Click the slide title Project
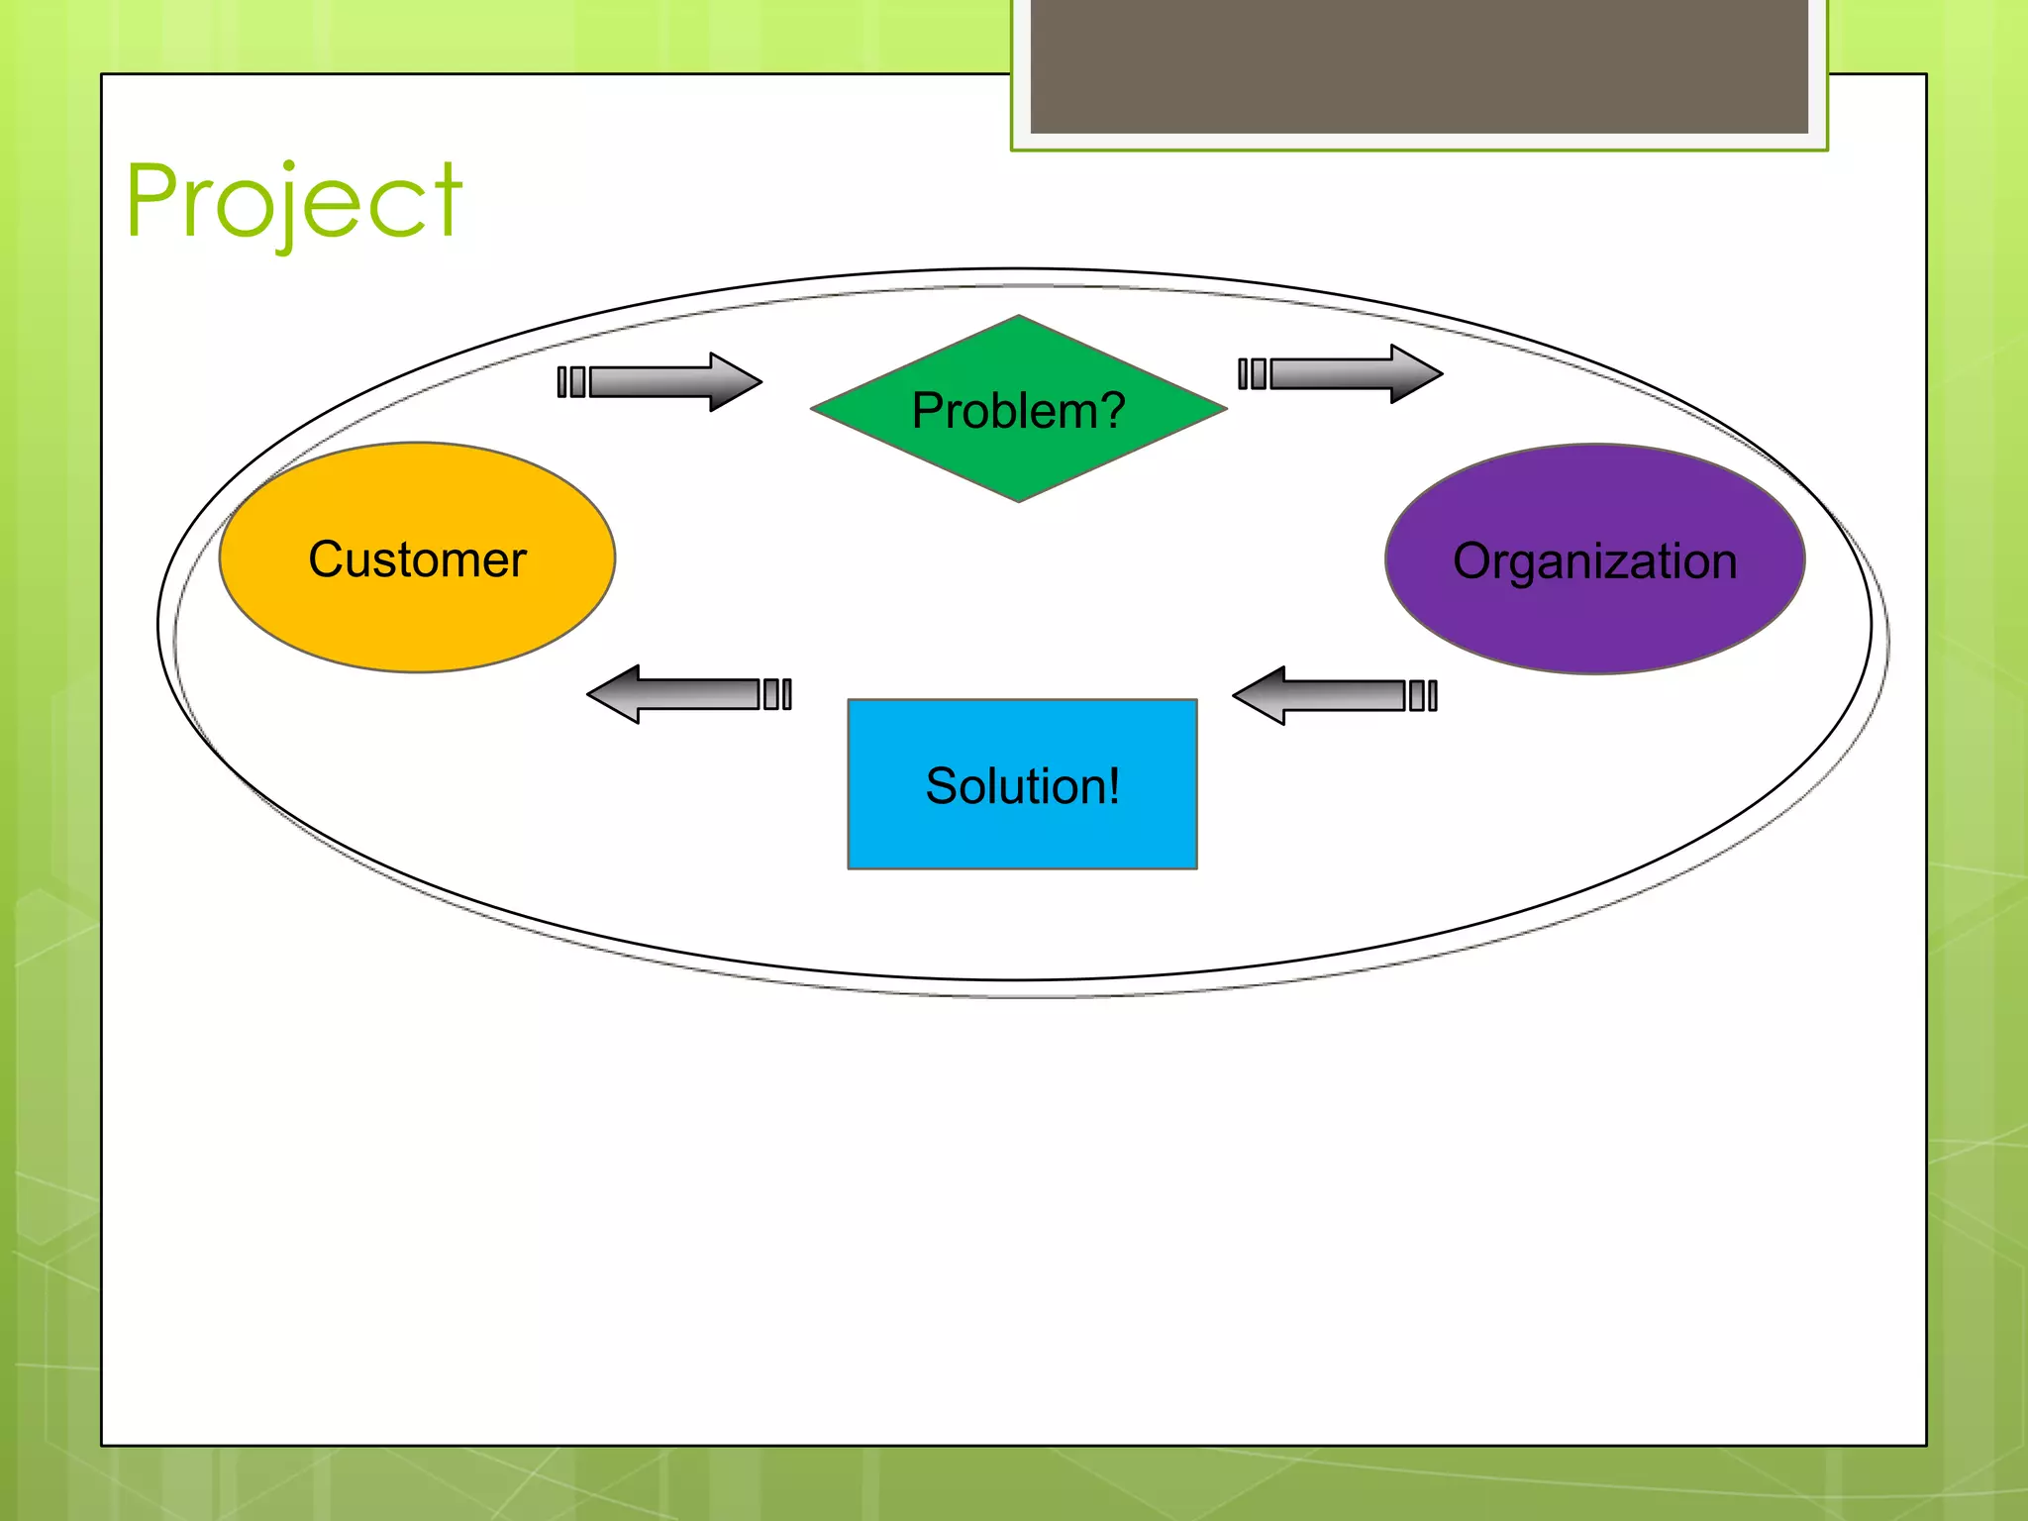[293, 202]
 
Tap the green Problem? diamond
[1018, 456]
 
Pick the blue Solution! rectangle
[1022, 832]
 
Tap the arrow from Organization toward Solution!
[1332, 695]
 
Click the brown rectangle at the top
[1419, 65]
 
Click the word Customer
[417, 559]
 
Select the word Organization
[1594, 561]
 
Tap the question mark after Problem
[1112, 410]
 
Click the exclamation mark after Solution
[1114, 785]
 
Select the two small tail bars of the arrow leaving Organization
[1423, 695]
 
